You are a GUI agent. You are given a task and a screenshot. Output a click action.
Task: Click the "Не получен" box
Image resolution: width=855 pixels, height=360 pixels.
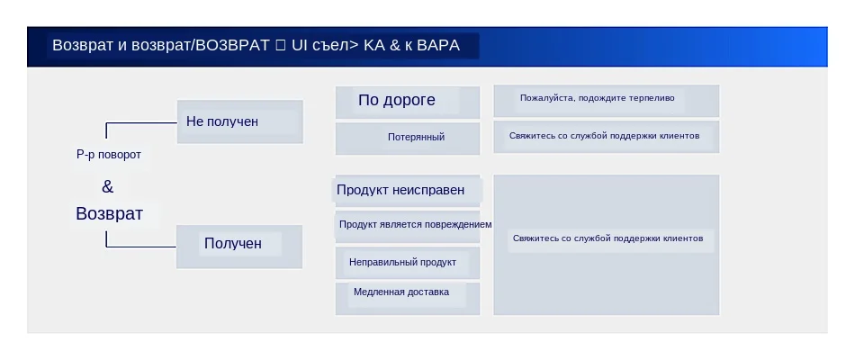pos(239,121)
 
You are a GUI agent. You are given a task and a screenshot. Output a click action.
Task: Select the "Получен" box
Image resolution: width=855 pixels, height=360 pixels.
pos(239,245)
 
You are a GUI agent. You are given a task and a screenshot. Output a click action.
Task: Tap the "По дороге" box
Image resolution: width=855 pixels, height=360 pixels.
pos(407,101)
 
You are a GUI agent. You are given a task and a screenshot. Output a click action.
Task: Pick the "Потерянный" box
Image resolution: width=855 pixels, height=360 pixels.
pos(407,138)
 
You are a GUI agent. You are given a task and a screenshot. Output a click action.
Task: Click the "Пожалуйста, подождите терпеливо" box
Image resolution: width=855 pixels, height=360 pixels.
pos(606,99)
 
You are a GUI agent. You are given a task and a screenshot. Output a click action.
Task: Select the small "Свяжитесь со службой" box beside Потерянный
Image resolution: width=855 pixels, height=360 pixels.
pos(606,137)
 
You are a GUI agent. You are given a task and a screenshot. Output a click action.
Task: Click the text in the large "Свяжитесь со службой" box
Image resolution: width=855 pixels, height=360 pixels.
pos(607,238)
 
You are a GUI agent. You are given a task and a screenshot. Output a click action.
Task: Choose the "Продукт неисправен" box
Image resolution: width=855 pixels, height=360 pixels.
pos(407,190)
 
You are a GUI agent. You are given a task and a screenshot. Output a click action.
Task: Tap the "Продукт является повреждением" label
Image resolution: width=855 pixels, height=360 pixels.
pos(415,224)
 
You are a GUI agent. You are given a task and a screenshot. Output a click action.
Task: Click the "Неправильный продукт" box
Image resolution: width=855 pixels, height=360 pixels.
pos(407,263)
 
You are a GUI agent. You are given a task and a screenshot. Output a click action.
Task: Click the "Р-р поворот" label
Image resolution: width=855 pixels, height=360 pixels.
pos(108,155)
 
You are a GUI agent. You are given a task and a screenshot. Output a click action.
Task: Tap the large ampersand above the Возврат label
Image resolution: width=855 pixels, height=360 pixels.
pos(108,187)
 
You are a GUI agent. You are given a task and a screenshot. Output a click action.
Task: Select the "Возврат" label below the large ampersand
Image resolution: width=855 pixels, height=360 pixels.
pos(109,214)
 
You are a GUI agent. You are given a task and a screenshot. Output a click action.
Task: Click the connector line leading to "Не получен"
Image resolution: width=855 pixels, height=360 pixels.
pos(140,122)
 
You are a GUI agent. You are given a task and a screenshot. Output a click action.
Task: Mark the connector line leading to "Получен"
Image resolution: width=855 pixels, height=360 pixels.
pos(140,246)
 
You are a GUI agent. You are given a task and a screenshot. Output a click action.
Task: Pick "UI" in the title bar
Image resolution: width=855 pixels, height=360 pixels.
pos(300,46)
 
